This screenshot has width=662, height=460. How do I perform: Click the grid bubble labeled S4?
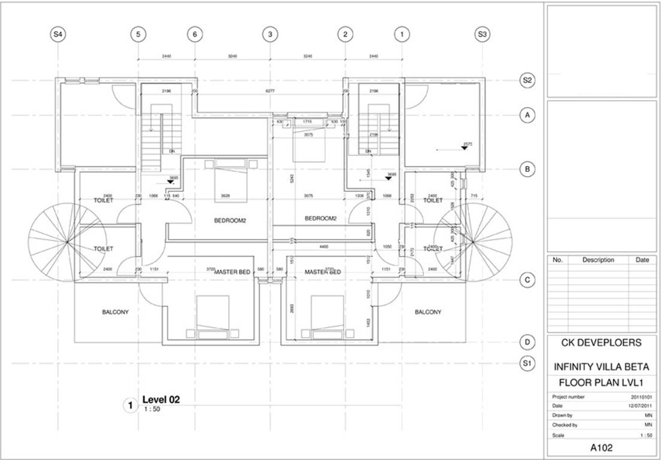click(57, 35)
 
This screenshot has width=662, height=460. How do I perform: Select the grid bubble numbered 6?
click(194, 35)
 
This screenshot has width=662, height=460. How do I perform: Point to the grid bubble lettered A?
click(527, 115)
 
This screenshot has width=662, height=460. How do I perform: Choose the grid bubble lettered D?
click(527, 343)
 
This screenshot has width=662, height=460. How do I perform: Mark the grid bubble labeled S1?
click(527, 364)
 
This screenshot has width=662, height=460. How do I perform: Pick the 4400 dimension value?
click(324, 246)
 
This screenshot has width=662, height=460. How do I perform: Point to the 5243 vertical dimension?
click(290, 177)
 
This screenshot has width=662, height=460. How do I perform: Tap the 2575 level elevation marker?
click(465, 146)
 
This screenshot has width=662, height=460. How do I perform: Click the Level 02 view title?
click(160, 399)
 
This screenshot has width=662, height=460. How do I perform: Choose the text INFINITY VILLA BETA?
click(605, 367)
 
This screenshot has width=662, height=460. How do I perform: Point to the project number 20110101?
click(641, 397)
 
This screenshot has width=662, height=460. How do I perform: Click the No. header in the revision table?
click(557, 260)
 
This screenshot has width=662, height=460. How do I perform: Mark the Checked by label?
click(564, 425)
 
